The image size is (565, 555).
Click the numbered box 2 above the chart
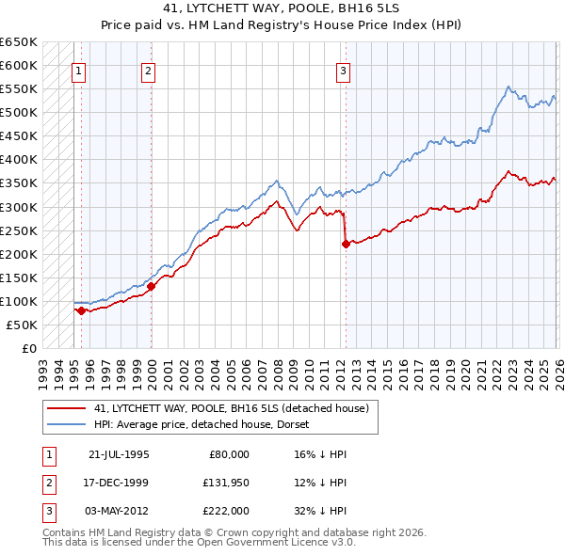point(149,70)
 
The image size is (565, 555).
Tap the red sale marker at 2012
point(346,244)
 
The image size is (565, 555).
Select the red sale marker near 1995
point(82,310)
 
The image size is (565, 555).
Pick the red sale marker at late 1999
point(151,286)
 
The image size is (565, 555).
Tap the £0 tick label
point(28,349)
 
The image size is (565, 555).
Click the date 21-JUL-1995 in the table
point(119,454)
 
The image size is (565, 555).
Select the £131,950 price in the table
point(225,483)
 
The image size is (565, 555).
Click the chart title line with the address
point(282,9)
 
